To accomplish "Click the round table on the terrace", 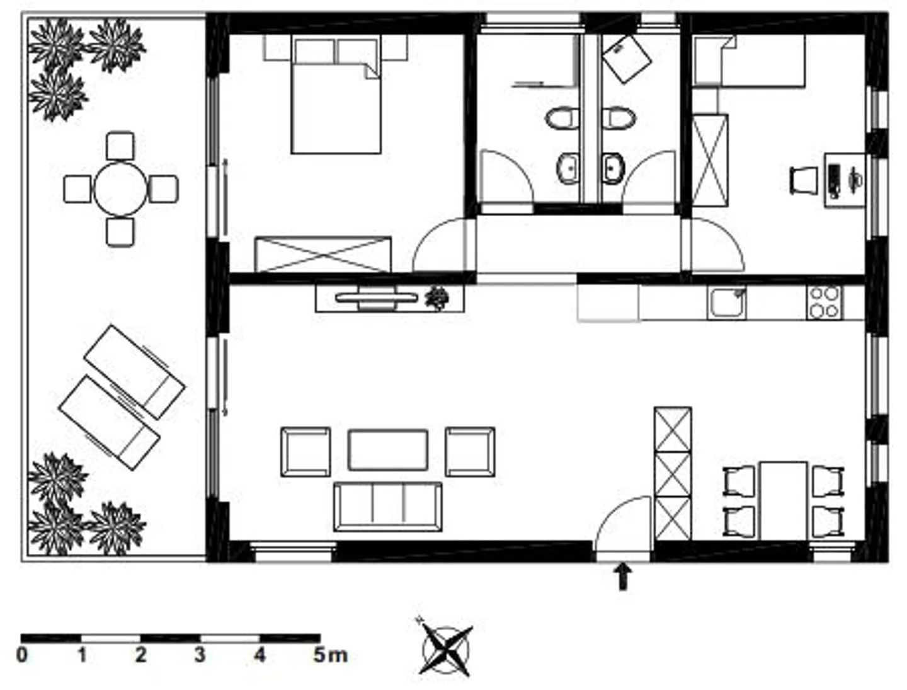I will (120, 188).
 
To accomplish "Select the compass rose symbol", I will (447, 649).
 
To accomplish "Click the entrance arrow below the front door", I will (623, 577).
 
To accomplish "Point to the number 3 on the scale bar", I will (200, 655).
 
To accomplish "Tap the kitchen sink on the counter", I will (726, 303).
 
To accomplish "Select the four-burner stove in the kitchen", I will (825, 302).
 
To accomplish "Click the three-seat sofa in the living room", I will (387, 507).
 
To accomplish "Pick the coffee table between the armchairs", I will (388, 450).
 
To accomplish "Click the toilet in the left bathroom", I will (562, 118).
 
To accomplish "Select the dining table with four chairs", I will (784, 501).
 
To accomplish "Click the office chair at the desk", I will (804, 180).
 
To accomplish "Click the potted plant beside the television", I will (436, 298).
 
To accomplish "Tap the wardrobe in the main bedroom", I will (322, 255).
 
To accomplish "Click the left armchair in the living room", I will (305, 452).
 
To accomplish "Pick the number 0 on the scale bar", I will (22, 655).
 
